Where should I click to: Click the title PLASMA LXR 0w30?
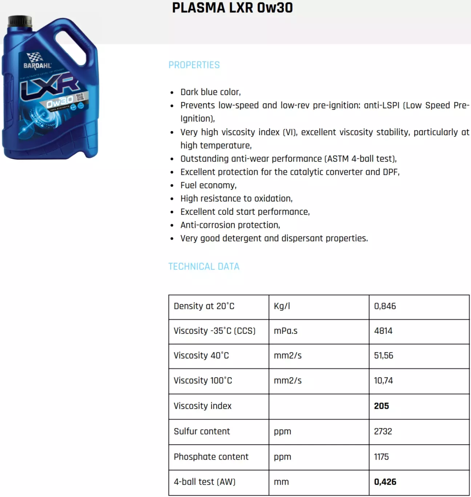pos(232,8)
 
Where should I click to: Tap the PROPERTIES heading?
pos(194,65)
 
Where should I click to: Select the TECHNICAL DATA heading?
pos(204,267)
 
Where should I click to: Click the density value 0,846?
pos(385,306)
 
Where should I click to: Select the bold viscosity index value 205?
pos(381,406)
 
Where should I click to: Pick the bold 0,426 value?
pos(385,482)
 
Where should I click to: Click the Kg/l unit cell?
pos(282,306)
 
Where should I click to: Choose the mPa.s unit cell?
pos(286,331)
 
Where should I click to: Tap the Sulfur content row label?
pos(202,432)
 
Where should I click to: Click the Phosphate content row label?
pos(211,457)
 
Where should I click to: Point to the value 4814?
pos(383,331)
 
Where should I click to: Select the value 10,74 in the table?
pos(383,381)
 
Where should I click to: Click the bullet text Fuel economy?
pos(208,185)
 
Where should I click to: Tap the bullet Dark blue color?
pos(210,92)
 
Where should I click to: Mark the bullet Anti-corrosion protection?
pos(230,225)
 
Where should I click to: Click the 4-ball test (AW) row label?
pos(205,482)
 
